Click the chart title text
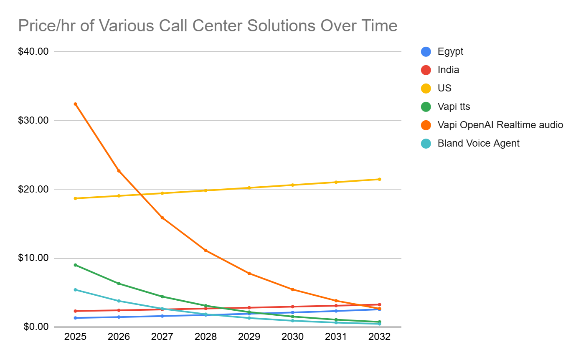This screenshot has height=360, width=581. pyautogui.click(x=208, y=26)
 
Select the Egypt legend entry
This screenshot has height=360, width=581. pyautogui.click(x=450, y=52)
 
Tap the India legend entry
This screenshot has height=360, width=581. pyautogui.click(x=448, y=70)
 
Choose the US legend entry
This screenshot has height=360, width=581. pyautogui.click(x=444, y=89)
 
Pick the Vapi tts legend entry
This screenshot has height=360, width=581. pyautogui.click(x=454, y=107)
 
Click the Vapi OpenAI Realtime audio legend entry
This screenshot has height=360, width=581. pyautogui.click(x=500, y=125)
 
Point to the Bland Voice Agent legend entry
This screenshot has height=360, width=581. pyautogui.click(x=478, y=143)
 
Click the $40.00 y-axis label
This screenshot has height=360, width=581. pyautogui.click(x=34, y=51)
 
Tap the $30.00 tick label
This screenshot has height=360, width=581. pyautogui.click(x=34, y=120)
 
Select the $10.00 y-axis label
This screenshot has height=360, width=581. pyautogui.click(x=34, y=258)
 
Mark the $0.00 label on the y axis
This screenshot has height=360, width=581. pyautogui.click(x=36, y=326)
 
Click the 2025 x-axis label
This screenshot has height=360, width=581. pyautogui.click(x=75, y=337)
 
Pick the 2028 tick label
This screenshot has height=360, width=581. pyautogui.click(x=206, y=337)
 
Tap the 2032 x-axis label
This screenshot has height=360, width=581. pyautogui.click(x=379, y=337)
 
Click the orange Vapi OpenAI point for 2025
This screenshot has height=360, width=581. pyautogui.click(x=75, y=104)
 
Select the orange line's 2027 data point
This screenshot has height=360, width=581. pyautogui.click(x=162, y=218)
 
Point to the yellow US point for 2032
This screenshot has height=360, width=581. pyautogui.click(x=379, y=179)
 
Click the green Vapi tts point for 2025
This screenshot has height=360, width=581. pyautogui.click(x=75, y=265)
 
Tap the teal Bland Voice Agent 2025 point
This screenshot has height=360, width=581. pyautogui.click(x=75, y=289)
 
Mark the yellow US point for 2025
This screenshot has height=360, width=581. pyautogui.click(x=75, y=198)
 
